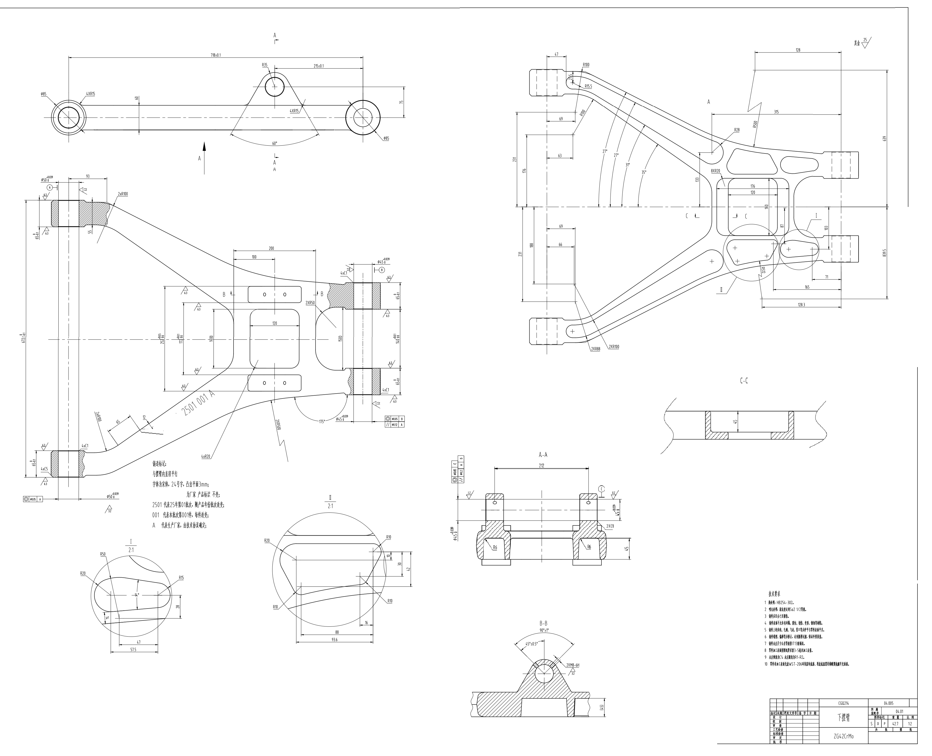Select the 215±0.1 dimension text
coord(319,66)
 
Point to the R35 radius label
coord(265,65)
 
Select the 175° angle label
coord(322,422)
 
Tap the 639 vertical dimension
coord(884,138)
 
